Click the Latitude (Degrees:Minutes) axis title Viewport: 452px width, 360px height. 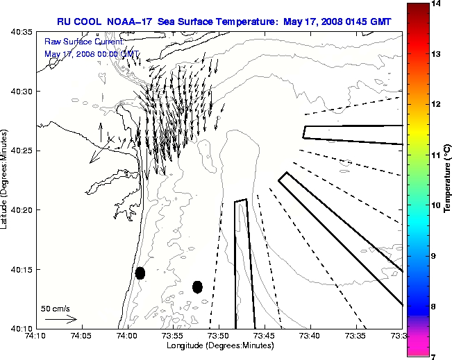tap(6, 180)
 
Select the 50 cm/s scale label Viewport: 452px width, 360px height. tap(56, 308)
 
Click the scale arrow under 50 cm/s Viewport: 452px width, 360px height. tap(60, 319)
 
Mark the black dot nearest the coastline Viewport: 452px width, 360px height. tap(140, 273)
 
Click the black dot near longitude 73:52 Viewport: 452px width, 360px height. tap(197, 286)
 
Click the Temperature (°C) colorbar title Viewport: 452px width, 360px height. tap(447, 180)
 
